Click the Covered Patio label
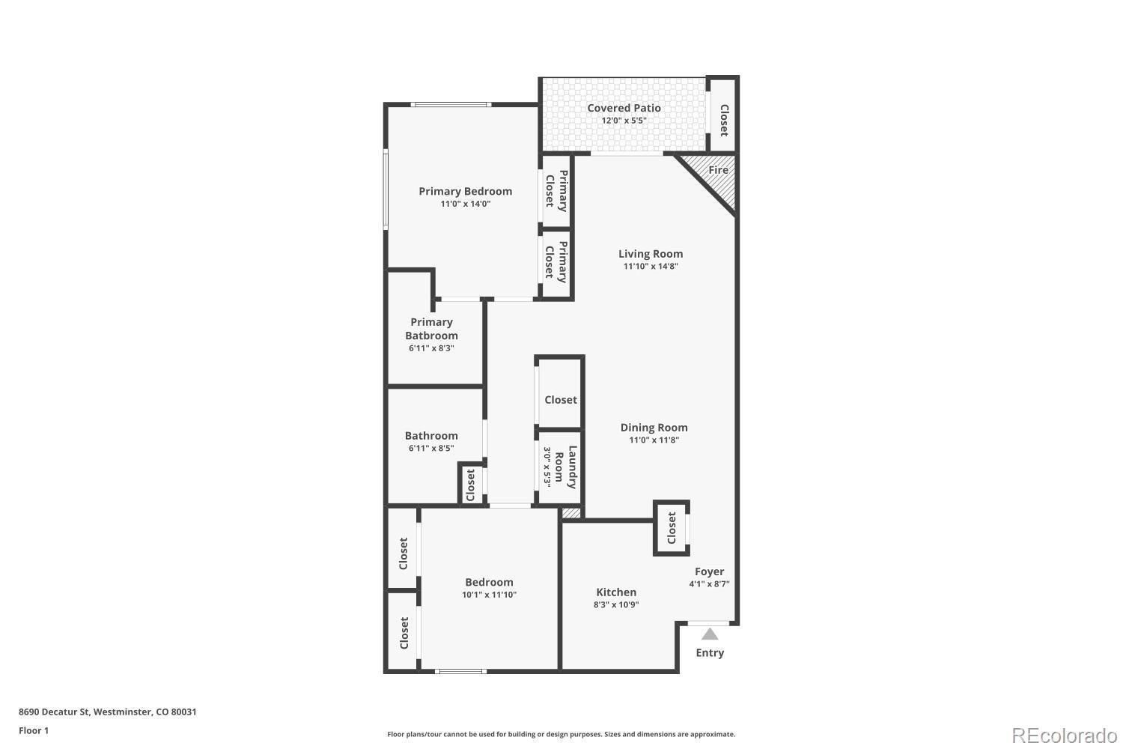[x=624, y=108]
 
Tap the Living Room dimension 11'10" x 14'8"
[x=650, y=267]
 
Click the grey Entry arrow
[x=710, y=634]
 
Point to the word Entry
[x=710, y=653]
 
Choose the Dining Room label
[x=654, y=428]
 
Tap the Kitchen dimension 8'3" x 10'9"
[x=616, y=605]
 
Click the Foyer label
[x=709, y=571]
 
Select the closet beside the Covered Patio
[x=723, y=120]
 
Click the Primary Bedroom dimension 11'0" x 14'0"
[x=465, y=204]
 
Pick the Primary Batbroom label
[x=431, y=329]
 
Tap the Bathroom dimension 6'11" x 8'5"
[x=431, y=449]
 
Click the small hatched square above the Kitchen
[x=571, y=513]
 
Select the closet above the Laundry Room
[x=561, y=400]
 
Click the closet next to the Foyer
[x=672, y=528]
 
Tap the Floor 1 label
[x=34, y=731]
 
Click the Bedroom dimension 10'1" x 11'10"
[x=489, y=595]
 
